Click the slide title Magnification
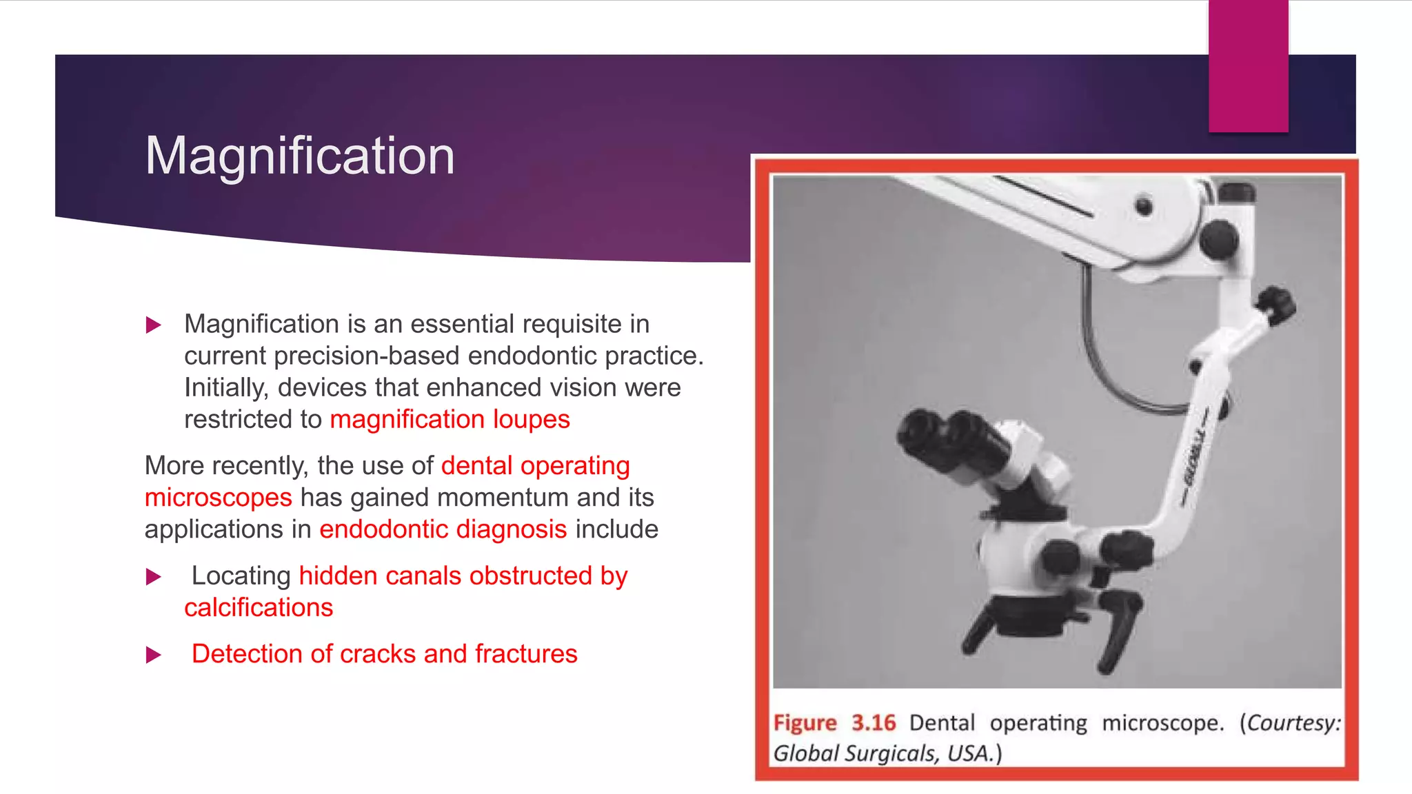point(300,156)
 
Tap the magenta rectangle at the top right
point(1248,65)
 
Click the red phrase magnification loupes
point(450,419)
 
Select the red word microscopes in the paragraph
point(218,497)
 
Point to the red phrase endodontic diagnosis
point(443,529)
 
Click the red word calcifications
point(259,607)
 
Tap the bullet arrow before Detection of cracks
point(154,654)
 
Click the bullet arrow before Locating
point(154,576)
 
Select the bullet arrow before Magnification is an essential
point(154,325)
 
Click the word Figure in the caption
point(805,723)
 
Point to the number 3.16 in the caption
point(873,723)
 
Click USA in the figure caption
point(969,753)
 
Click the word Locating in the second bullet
point(241,576)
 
